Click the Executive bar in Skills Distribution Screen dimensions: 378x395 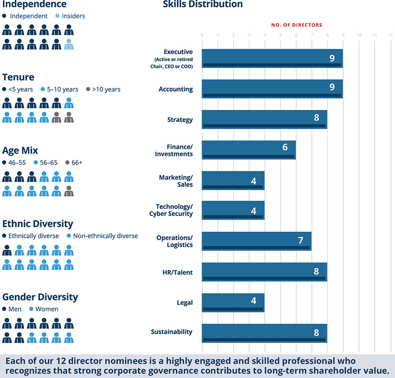pos(272,58)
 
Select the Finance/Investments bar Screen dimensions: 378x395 pos(249,150)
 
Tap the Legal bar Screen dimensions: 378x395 pos(233,302)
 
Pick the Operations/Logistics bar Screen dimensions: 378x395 pos(256,241)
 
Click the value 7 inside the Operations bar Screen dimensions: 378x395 pos(301,239)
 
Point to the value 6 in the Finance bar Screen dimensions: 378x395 pos(285,147)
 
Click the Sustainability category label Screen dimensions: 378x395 pos(171,332)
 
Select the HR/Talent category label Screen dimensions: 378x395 pos(178,273)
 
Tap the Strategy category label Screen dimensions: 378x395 pos(180,120)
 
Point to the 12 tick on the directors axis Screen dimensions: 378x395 pos(390,35)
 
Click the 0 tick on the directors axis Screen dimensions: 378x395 pos(202,35)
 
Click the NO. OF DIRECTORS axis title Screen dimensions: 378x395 pos(296,25)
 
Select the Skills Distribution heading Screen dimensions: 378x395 pos(202,5)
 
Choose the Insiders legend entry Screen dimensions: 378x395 pos(69,16)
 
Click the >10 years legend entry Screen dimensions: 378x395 pos(103,89)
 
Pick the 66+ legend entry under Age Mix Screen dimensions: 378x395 pos(74,162)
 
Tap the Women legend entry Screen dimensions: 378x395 pos(43,309)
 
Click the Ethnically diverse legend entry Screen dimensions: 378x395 pos(30,236)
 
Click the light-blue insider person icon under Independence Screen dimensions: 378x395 pos(69,44)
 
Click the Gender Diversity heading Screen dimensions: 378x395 pos(40,297)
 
